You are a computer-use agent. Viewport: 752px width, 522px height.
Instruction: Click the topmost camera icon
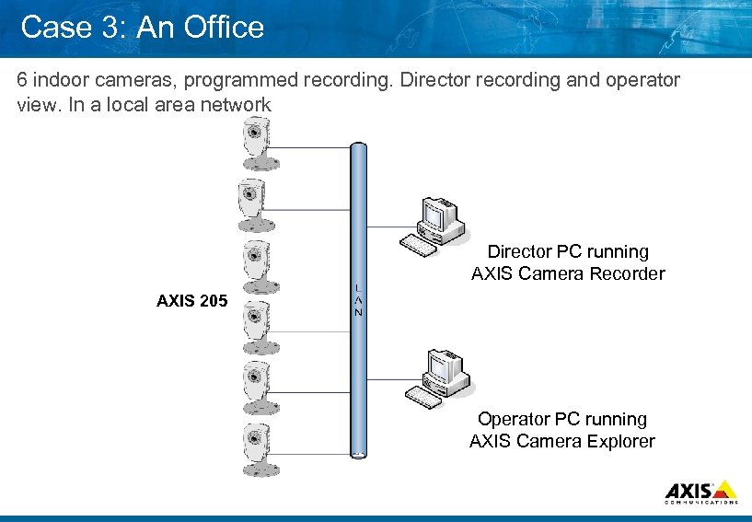tap(256, 145)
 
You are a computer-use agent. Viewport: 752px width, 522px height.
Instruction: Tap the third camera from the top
tap(256, 265)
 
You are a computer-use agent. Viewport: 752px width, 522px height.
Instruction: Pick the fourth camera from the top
tap(256, 325)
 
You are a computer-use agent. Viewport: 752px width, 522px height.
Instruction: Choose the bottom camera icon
tap(256, 446)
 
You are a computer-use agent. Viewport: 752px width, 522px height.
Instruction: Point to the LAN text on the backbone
tap(358, 300)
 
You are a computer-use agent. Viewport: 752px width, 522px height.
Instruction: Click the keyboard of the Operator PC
tap(424, 396)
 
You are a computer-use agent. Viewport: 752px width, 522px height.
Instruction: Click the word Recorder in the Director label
tap(631, 273)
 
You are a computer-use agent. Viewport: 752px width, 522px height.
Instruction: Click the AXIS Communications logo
tap(700, 493)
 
